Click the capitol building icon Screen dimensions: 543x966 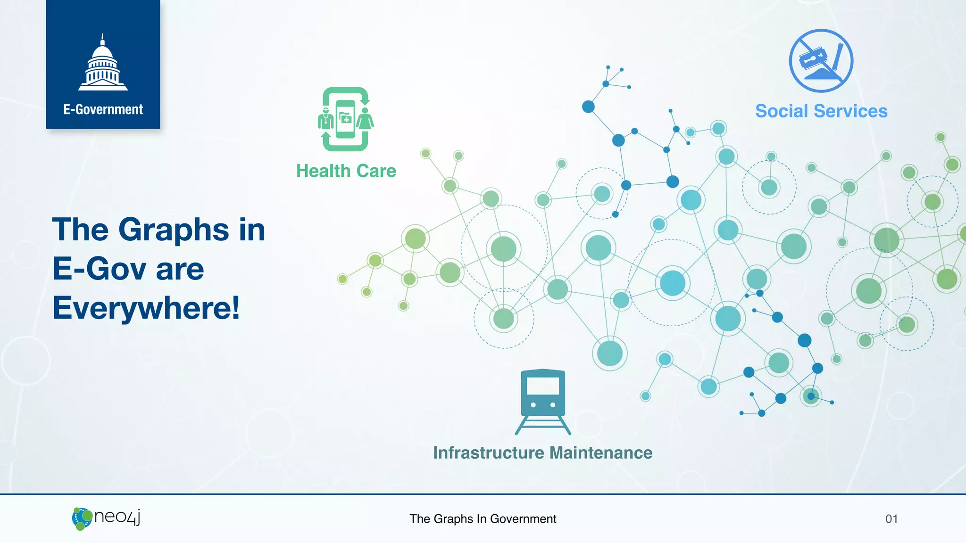(103, 64)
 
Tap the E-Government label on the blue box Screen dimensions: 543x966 (103, 109)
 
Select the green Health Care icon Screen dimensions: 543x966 (346, 119)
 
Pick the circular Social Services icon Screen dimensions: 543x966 (821, 61)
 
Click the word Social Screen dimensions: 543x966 (782, 111)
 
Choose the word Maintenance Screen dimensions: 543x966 (601, 453)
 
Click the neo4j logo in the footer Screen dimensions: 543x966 (107, 518)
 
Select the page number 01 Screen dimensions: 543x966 (891, 519)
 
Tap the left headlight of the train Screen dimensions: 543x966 (533, 405)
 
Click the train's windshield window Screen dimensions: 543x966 (543, 386)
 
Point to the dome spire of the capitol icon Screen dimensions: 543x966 (102, 39)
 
